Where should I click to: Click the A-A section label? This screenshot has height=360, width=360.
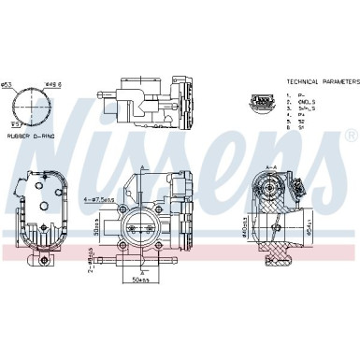coord(271,165)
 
